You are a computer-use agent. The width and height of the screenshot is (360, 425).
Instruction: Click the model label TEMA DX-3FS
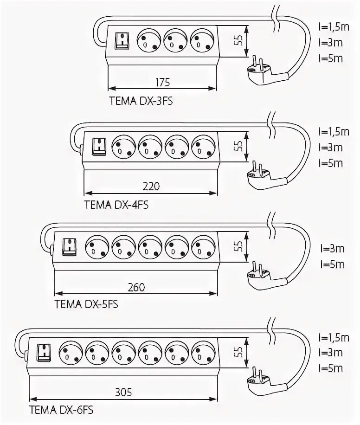pos(141,101)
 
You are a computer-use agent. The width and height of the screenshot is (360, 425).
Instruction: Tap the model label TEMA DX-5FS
pos(86,304)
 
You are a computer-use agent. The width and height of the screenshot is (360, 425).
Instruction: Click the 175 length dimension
pos(162,83)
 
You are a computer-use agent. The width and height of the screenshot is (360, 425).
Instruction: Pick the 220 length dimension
pos(151,187)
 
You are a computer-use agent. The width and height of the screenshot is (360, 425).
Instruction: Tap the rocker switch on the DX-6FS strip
pos(43,352)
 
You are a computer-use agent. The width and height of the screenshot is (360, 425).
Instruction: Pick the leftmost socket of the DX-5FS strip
pos(97,246)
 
